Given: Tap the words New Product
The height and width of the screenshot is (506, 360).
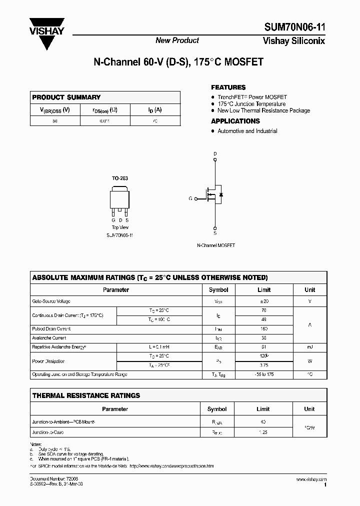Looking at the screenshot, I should (x=177, y=40).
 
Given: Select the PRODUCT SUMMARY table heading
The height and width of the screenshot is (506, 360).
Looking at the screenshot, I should (x=66, y=97).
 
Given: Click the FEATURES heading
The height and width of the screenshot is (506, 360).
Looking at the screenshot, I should (x=228, y=87).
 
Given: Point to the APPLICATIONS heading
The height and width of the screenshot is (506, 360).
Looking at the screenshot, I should (x=235, y=121).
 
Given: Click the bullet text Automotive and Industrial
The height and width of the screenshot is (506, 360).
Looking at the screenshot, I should (x=247, y=131).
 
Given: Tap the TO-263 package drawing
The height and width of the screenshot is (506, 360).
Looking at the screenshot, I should (x=120, y=200).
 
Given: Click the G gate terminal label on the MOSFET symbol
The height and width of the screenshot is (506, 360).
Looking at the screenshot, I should (x=190, y=198).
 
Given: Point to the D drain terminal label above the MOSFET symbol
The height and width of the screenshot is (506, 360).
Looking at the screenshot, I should (x=215, y=153).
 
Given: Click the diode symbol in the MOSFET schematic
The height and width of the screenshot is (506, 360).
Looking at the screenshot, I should (x=221, y=194).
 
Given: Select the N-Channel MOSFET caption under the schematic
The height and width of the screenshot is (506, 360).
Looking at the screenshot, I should (x=216, y=245).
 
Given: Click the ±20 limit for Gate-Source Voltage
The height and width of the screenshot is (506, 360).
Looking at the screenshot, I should (x=263, y=301).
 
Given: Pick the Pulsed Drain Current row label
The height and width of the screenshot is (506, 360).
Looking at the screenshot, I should (x=51, y=329).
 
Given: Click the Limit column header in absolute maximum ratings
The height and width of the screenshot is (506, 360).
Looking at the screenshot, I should (x=264, y=289).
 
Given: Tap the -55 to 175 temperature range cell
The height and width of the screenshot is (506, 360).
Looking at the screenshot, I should (x=263, y=374).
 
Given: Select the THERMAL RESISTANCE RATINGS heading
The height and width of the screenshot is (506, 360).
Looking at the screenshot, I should (x=86, y=395).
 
